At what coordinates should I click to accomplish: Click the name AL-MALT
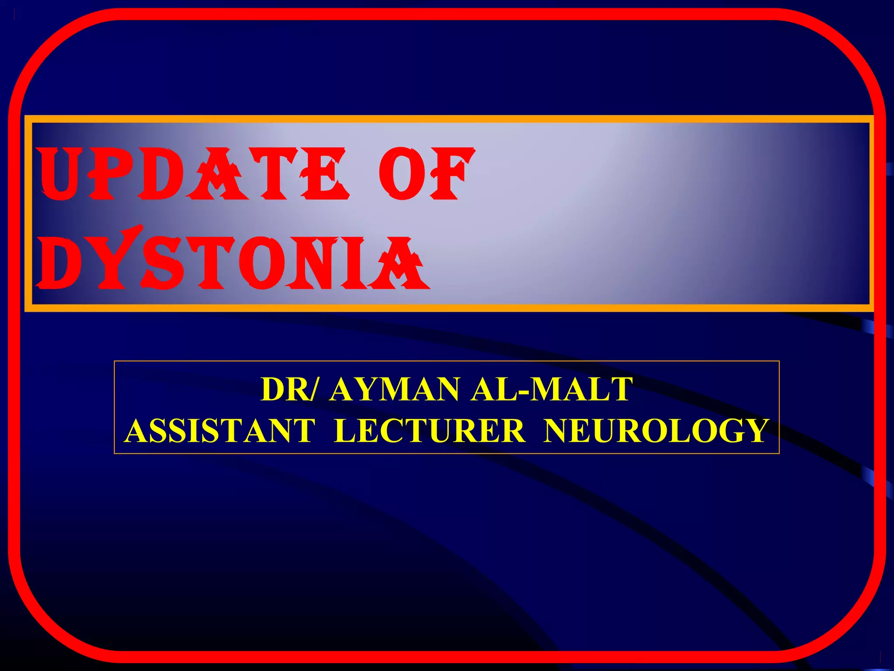[x=552, y=389]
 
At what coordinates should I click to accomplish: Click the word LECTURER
[x=430, y=430]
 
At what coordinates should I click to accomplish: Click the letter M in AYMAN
[x=395, y=389]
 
